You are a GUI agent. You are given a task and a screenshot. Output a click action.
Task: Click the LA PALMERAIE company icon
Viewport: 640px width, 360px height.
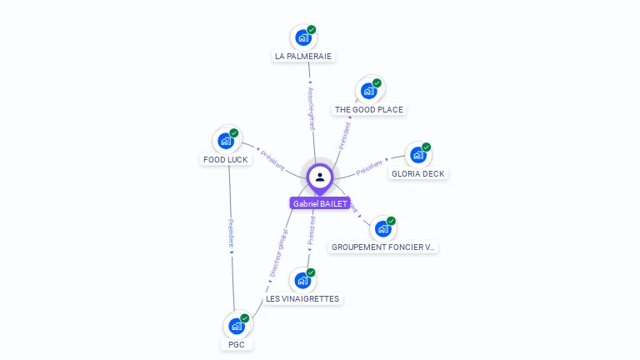(303, 38)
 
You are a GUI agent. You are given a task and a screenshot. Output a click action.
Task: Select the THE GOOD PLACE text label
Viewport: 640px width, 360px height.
(368, 109)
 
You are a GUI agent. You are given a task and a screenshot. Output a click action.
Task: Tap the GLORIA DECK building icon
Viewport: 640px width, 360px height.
(417, 155)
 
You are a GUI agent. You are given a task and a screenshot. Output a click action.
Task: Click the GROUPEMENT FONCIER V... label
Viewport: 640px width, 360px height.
(383, 247)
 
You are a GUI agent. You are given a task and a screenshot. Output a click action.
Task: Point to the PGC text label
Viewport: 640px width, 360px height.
(237, 344)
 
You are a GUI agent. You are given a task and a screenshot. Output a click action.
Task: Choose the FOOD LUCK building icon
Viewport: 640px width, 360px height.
(225, 141)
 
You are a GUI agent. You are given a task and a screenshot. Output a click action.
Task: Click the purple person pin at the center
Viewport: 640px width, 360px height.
(319, 177)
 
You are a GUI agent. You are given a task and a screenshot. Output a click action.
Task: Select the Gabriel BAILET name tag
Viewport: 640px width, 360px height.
(319, 203)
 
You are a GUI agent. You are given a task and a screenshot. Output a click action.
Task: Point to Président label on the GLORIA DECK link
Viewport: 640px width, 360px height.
(371, 167)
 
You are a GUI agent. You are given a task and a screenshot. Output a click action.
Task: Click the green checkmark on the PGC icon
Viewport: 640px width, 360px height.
(244, 317)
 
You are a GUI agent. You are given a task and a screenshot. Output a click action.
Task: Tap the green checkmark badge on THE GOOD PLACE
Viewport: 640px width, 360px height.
(377, 82)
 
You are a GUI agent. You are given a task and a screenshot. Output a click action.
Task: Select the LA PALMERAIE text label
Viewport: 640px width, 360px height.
(303, 57)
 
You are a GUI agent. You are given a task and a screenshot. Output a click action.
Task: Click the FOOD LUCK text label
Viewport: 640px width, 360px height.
(225, 159)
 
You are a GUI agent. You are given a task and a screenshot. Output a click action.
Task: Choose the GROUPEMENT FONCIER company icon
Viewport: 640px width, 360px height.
(382, 227)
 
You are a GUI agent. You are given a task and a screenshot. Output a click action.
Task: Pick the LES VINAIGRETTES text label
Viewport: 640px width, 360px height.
(302, 298)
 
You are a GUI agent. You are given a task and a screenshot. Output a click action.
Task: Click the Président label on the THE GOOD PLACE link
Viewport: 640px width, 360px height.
(345, 135)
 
